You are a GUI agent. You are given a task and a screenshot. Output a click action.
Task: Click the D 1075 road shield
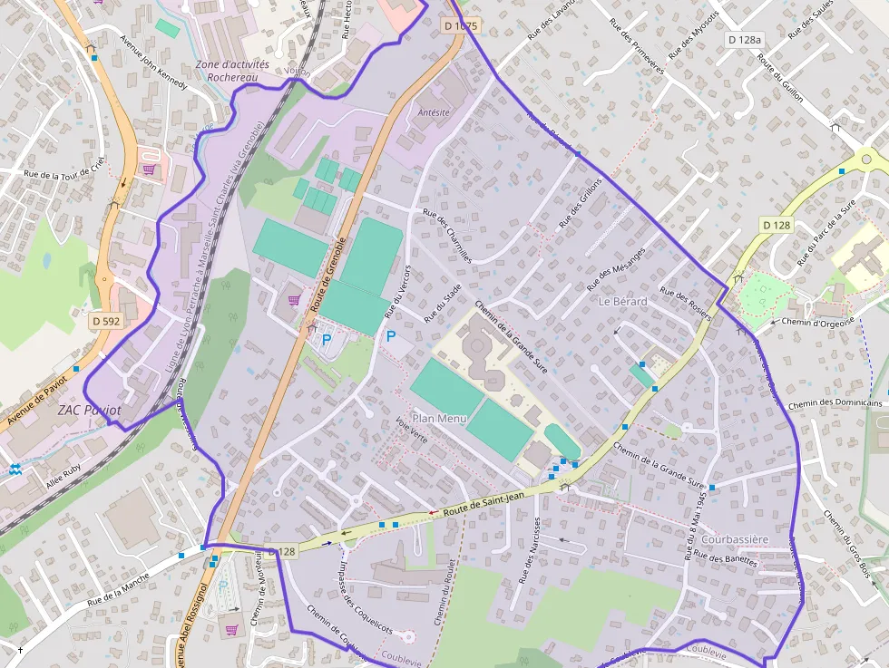[461, 26]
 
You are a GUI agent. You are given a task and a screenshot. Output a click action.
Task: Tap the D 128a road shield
[745, 40]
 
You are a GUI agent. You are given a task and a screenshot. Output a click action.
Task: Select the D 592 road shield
[106, 320]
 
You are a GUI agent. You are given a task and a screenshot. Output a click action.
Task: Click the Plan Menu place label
[438, 418]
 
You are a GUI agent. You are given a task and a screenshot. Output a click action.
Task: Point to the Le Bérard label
[622, 301]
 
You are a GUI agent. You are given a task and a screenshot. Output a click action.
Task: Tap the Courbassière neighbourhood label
[734, 539]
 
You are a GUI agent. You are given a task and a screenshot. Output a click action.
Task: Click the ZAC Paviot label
[89, 410]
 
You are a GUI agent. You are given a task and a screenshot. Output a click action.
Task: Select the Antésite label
[433, 112]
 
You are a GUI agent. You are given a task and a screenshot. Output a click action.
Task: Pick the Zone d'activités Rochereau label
[233, 72]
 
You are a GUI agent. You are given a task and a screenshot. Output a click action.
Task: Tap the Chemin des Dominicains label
[835, 403]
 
